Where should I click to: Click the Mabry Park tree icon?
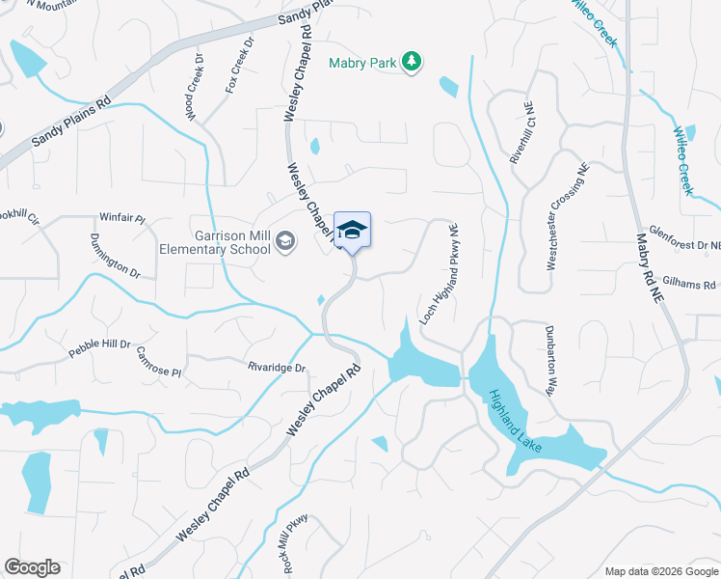[413, 62]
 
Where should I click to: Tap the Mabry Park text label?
[362, 63]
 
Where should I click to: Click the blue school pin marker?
[352, 232]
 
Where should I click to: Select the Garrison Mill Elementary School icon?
[284, 240]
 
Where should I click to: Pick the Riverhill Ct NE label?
[521, 146]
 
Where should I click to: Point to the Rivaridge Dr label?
[276, 367]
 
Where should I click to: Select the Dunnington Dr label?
[115, 256]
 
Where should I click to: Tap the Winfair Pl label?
[122, 219]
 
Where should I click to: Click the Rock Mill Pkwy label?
[291, 536]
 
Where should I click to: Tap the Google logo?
[32, 567]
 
